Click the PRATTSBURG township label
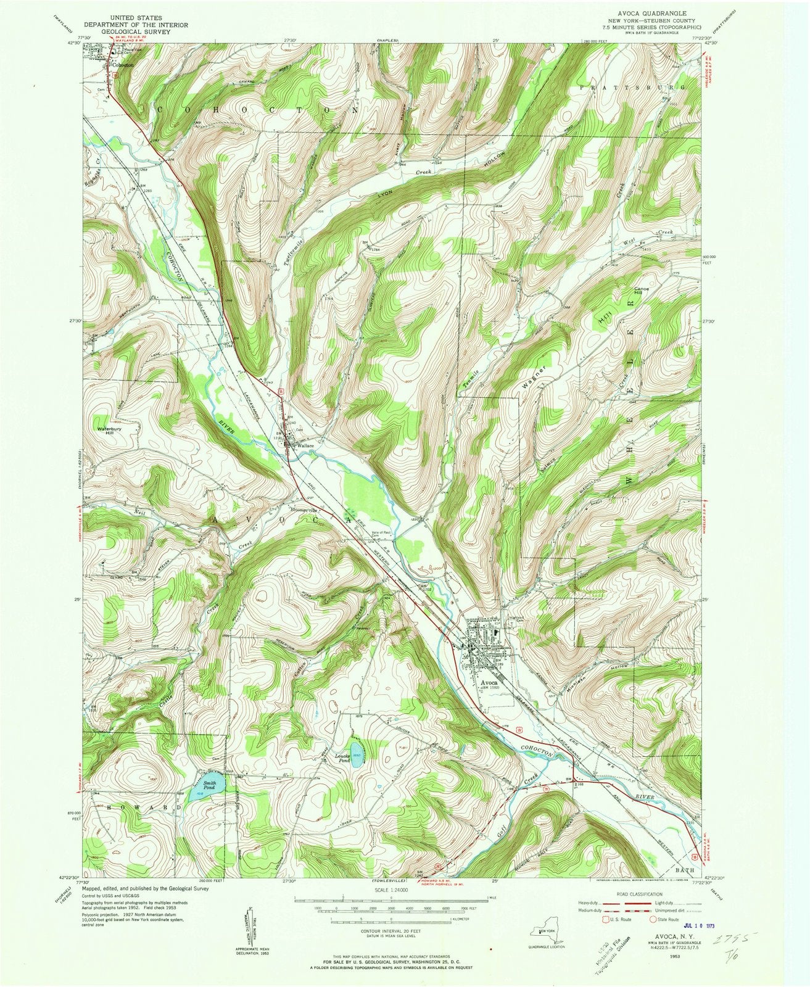pyautogui.click(x=648, y=88)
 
